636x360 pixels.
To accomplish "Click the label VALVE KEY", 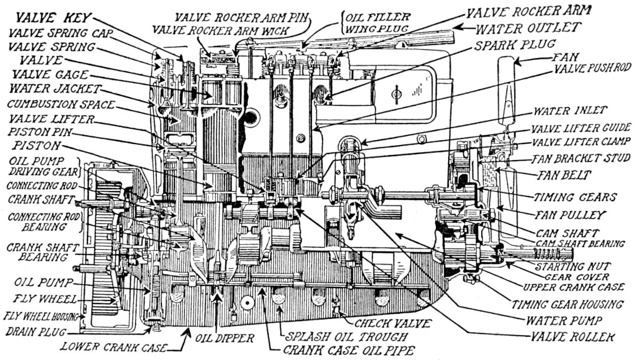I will point(52,17).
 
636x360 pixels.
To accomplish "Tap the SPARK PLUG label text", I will point(515,45).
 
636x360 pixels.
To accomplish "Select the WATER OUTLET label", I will point(529,26).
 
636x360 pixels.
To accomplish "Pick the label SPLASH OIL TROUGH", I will point(346,337).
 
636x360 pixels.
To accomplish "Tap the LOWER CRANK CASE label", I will point(113,348).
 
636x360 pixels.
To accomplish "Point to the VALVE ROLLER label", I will point(572,337).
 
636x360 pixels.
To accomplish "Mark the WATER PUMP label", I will point(564,320).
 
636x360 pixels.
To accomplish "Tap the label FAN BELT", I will point(564,175).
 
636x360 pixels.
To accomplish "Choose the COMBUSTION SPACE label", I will point(61,105).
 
